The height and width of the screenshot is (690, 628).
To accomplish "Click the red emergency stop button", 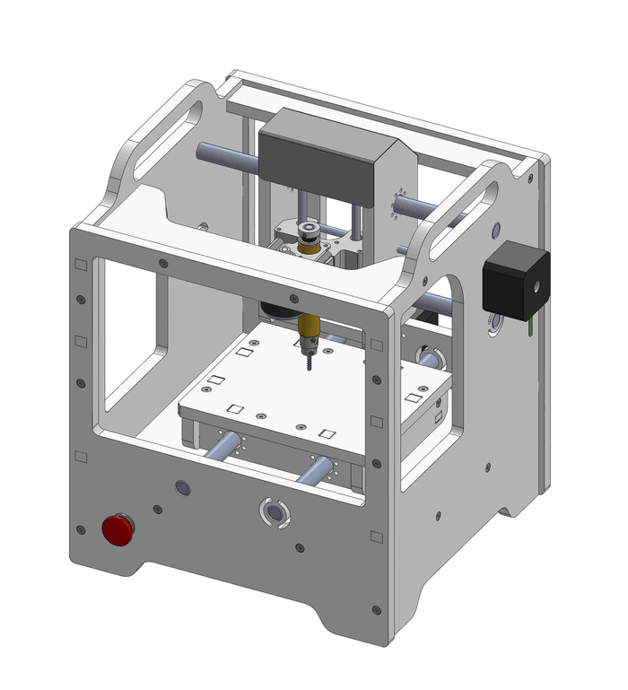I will pyautogui.click(x=118, y=530).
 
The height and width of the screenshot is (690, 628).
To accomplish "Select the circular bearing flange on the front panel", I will pyautogui.click(x=274, y=511).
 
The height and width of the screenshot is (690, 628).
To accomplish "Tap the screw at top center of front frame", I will pyautogui.click(x=293, y=298).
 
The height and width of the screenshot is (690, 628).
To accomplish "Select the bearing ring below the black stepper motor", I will pyautogui.click(x=494, y=322).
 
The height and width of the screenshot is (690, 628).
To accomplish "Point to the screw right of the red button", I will pyautogui.click(x=158, y=510).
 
